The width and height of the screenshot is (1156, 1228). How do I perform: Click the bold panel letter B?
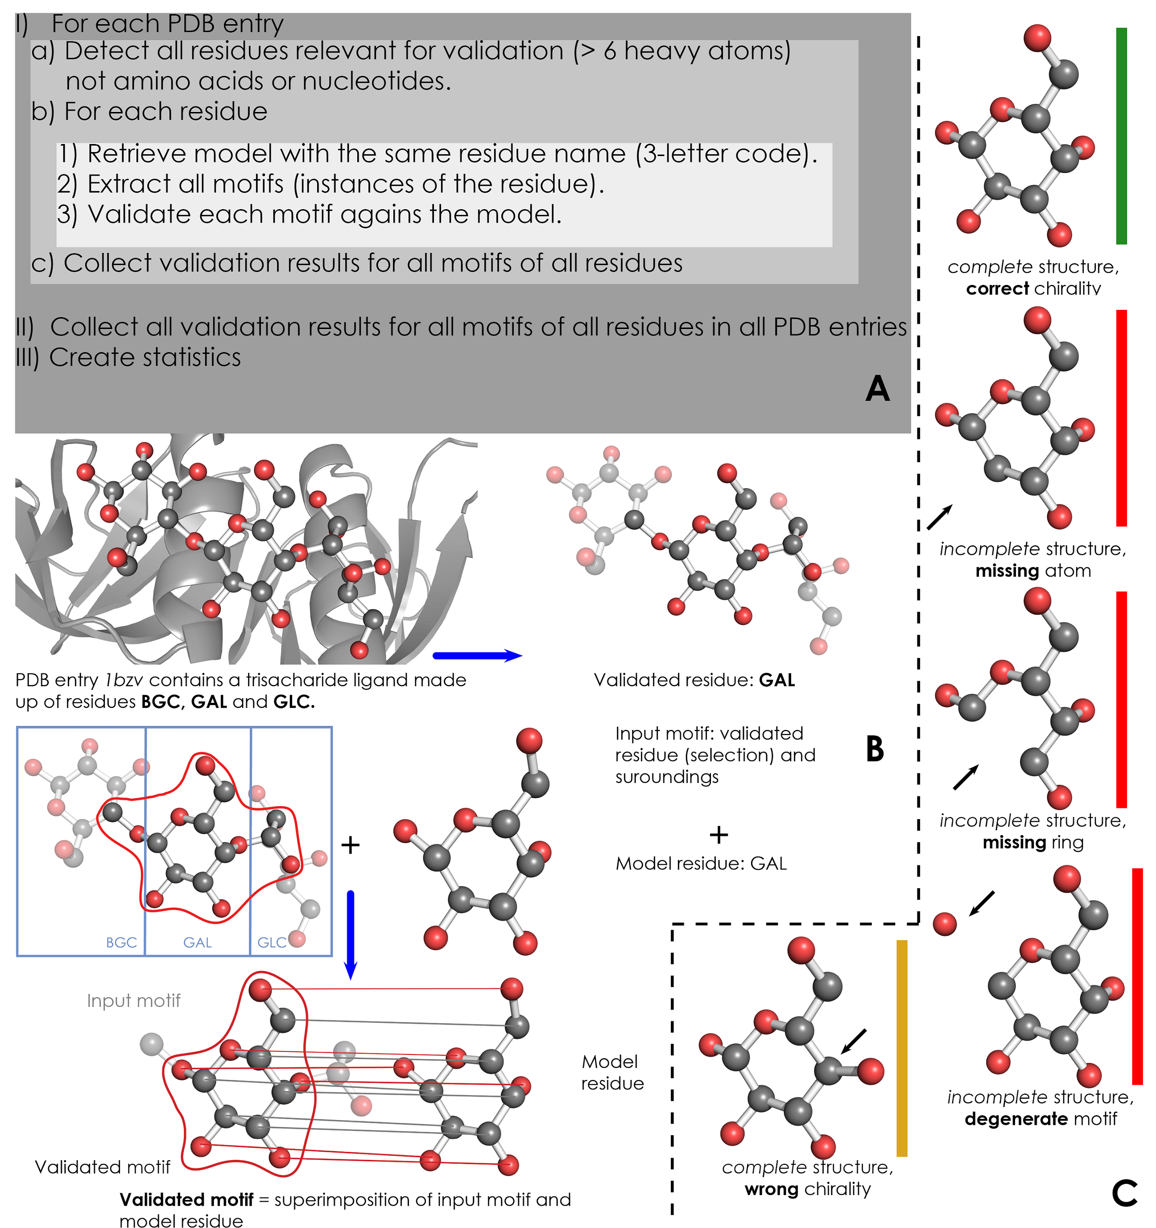point(875,749)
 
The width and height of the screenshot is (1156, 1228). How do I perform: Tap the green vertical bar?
point(1121,136)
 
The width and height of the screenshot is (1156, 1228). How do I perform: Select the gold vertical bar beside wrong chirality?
point(901,1048)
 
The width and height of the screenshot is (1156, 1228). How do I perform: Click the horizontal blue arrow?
point(478,655)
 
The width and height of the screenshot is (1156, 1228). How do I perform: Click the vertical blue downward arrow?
point(350,935)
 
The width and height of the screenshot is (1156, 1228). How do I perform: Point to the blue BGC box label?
point(121,943)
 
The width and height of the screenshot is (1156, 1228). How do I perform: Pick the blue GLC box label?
point(272,943)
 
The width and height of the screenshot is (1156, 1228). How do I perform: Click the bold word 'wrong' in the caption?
point(771,1189)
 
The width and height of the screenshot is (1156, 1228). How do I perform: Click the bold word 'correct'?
point(997,288)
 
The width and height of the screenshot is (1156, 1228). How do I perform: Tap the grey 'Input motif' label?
point(133,1001)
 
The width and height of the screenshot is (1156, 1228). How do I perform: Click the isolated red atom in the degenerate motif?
point(944,924)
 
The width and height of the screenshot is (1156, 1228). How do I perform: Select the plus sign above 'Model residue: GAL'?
point(718,835)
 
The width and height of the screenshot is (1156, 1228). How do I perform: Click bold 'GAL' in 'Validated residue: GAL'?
point(776,680)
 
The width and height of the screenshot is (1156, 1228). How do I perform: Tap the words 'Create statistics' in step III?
point(145,357)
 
